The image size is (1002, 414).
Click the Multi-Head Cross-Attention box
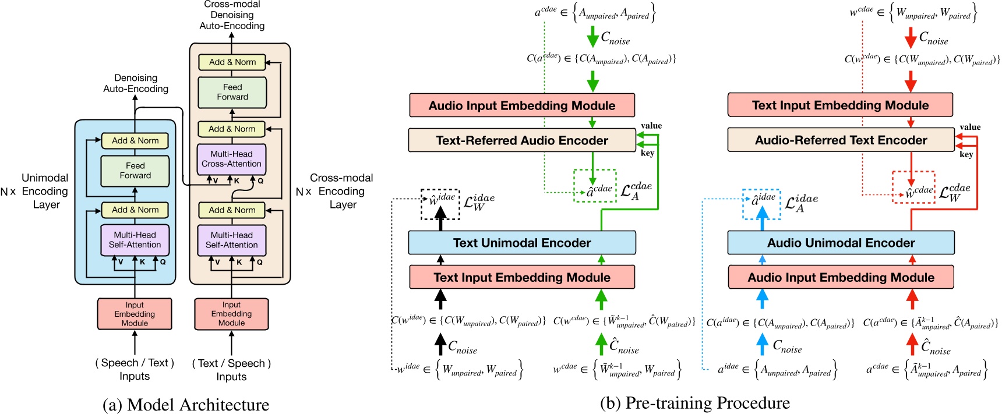point(231,159)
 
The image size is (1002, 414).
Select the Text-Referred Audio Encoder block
point(521,140)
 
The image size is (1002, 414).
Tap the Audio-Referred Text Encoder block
point(840,140)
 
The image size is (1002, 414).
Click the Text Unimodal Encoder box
point(521,243)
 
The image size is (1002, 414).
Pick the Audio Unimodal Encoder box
point(840,243)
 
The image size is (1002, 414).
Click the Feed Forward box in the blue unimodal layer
point(135,171)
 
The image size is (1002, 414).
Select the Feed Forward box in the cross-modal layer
point(232,92)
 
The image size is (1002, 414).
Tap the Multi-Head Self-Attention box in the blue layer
point(135,240)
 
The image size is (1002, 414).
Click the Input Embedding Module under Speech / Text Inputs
point(135,314)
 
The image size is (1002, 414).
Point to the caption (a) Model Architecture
point(186,404)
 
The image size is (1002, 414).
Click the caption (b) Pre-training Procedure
point(694,403)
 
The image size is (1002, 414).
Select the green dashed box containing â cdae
point(594,186)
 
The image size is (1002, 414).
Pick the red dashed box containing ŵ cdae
point(913,187)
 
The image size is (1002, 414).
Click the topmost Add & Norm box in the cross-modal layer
point(232,62)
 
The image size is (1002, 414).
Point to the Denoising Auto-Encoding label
point(136,83)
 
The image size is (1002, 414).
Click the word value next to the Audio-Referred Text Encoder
point(970,127)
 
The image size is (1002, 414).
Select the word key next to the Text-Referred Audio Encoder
point(647,153)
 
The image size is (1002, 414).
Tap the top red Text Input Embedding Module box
point(839,105)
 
